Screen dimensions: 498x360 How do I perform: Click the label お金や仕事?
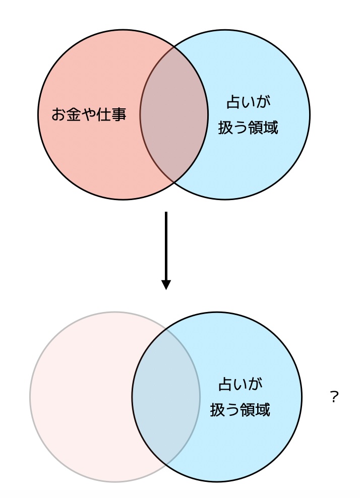click(89, 115)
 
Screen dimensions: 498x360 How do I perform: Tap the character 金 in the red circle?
click(73, 115)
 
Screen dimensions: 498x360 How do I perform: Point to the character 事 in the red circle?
click(118, 115)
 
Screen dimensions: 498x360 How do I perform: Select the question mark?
click(334, 397)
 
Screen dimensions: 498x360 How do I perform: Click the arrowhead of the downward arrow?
click(166, 284)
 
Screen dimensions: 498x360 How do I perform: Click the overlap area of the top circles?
click(174, 115)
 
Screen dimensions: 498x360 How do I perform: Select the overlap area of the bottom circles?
click(166, 397)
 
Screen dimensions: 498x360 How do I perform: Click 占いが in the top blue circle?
click(248, 102)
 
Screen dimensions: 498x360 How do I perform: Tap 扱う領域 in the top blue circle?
click(248, 128)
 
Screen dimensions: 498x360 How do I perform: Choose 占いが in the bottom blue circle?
click(240, 385)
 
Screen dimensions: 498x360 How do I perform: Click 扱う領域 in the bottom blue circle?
click(240, 410)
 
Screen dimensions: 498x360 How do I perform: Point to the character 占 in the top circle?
click(233, 102)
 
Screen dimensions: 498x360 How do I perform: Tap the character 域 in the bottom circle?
click(263, 410)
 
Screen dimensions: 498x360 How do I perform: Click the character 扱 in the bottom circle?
click(217, 410)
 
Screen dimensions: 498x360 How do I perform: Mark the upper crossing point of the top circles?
click(174, 47)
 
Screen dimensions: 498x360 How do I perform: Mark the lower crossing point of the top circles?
click(174, 182)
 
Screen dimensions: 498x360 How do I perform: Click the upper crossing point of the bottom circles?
click(166, 329)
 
